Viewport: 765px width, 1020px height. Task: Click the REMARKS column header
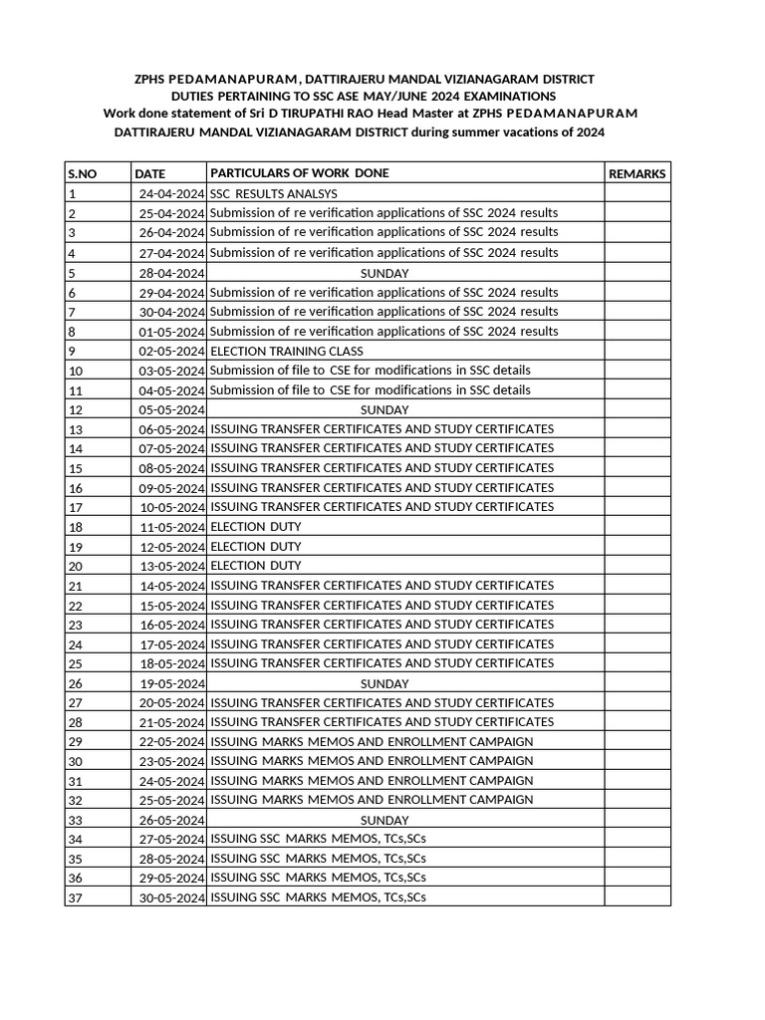point(637,173)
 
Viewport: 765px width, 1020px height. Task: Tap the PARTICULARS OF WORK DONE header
point(300,173)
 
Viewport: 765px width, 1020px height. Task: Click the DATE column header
point(150,173)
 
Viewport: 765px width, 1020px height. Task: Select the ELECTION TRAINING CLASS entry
point(287,351)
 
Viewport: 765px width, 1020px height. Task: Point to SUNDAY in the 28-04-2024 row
point(383,273)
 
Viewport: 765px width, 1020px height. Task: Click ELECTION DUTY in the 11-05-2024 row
point(256,526)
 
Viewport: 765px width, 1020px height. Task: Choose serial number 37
point(75,898)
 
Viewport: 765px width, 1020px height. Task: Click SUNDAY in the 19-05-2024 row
point(383,683)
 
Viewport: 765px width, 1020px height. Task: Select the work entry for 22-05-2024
point(372,742)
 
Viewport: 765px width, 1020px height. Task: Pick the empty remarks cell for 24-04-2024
point(637,194)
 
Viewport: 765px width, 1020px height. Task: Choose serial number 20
point(75,566)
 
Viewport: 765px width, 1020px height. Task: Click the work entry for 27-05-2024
point(319,839)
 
